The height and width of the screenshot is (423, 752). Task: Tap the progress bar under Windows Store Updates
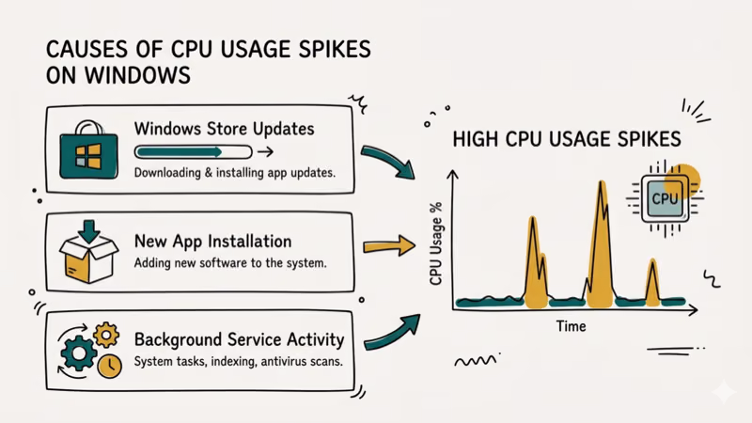[x=193, y=150]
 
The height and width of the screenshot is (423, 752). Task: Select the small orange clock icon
[x=109, y=368]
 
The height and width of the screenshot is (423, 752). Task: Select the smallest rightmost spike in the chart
[x=652, y=282]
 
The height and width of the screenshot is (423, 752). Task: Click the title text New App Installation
[x=212, y=241]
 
